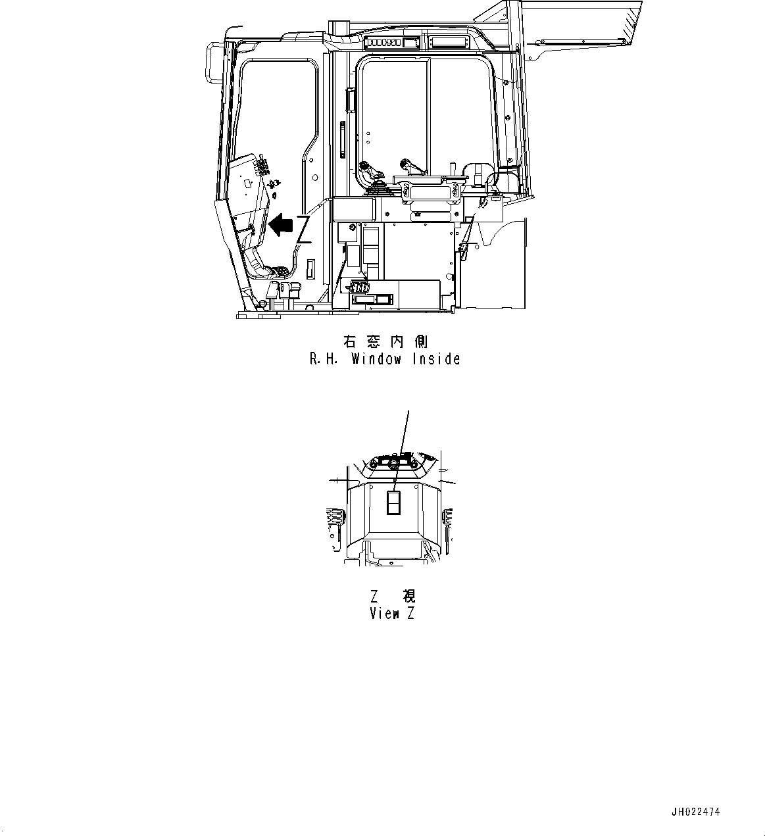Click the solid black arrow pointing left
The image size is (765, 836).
[x=281, y=225]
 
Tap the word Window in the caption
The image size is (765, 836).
[x=376, y=359]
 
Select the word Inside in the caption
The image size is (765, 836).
[x=436, y=359]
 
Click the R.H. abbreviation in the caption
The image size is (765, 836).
[x=324, y=359]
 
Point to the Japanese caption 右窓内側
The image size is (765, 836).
[x=385, y=341]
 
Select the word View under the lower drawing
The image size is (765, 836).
[x=385, y=614]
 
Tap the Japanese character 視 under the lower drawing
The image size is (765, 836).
[x=408, y=597]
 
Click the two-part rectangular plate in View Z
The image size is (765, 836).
[x=393, y=504]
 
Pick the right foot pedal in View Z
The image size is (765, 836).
[x=449, y=516]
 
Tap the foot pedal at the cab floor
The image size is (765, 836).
[x=279, y=271]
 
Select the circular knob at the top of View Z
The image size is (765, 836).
[x=393, y=464]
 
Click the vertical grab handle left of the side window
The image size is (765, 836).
[x=342, y=139]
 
